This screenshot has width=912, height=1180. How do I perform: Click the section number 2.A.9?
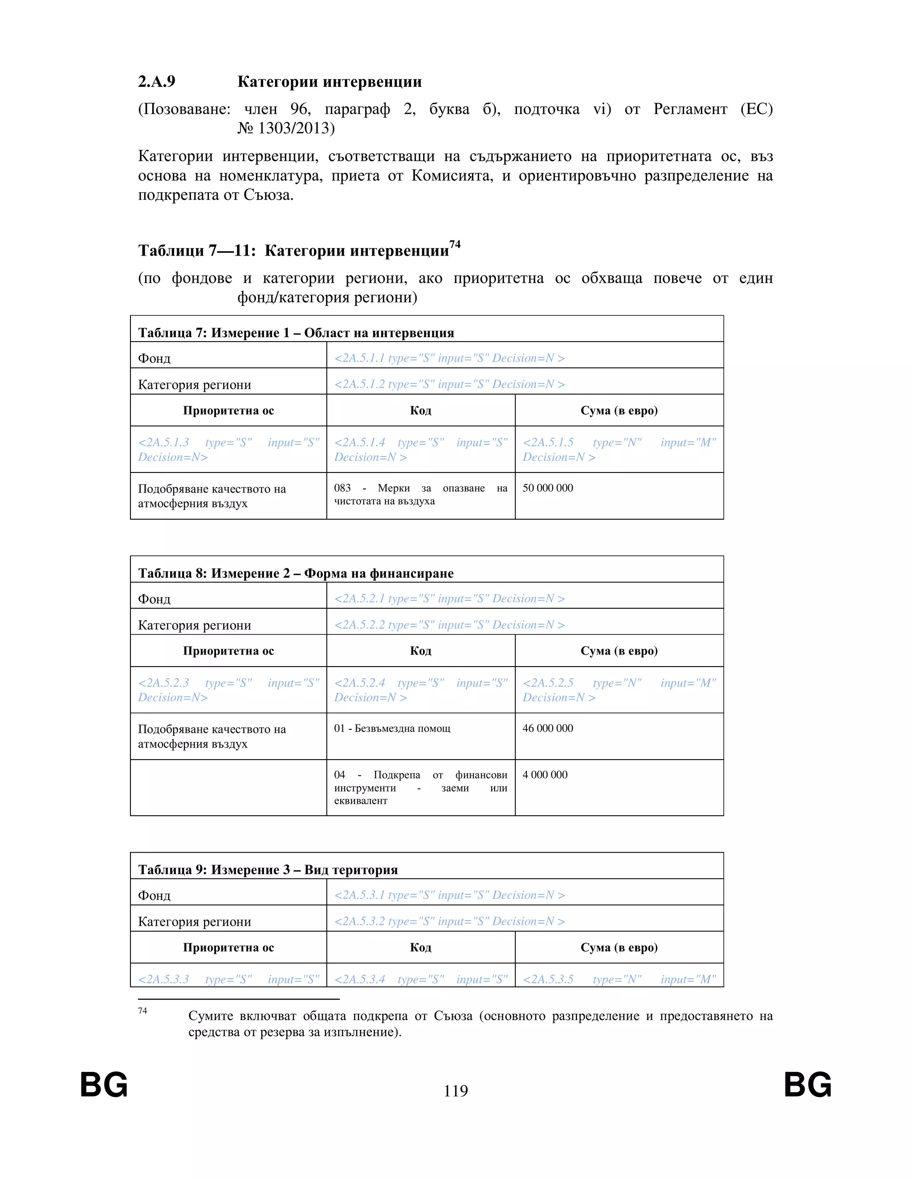[157, 81]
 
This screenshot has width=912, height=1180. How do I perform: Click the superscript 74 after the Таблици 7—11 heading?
[455, 244]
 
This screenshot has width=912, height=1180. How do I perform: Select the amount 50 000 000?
[547, 488]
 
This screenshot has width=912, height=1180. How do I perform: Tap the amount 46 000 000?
[547, 728]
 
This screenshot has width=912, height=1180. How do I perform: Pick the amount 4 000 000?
[545, 775]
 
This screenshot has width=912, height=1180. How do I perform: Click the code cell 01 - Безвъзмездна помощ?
[392, 728]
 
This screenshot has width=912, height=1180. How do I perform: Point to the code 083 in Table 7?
[342, 488]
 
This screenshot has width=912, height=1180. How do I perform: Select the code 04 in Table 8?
[339, 775]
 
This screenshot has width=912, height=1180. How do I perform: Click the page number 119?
[456, 1091]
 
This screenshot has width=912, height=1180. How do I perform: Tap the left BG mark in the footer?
[104, 1085]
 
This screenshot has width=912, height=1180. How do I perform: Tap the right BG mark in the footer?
[808, 1085]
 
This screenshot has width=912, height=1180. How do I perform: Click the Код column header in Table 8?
[420, 651]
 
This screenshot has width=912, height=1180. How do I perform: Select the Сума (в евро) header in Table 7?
[619, 411]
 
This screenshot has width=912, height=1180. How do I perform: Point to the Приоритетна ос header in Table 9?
[228, 948]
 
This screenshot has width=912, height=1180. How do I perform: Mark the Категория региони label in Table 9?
[195, 922]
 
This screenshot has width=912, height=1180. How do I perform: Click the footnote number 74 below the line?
[142, 1011]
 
